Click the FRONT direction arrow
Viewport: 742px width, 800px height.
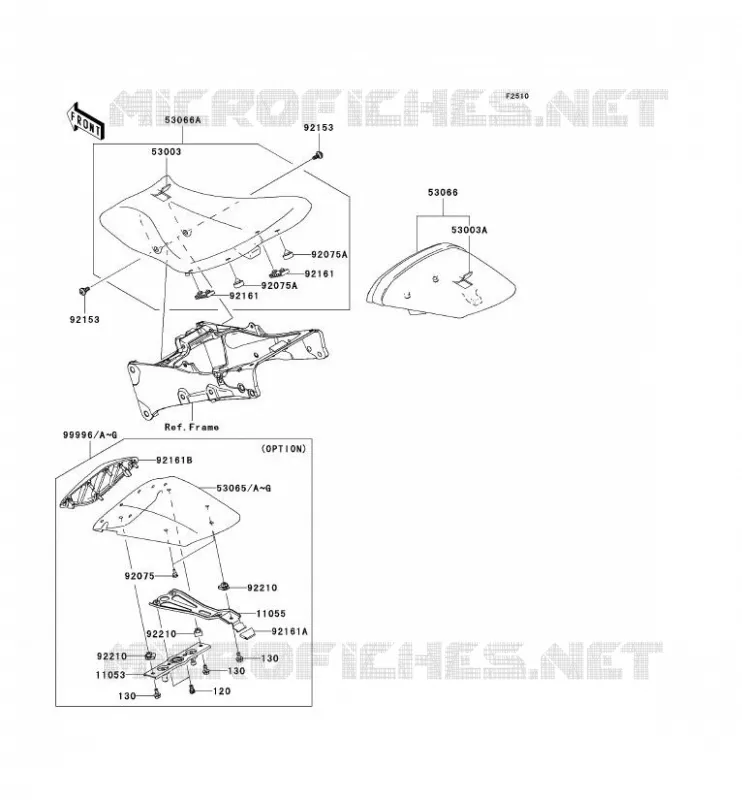[x=86, y=121]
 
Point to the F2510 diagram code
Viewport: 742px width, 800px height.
[x=517, y=96]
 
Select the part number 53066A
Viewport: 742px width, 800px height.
[x=183, y=120]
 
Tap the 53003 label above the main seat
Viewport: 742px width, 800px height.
[x=166, y=152]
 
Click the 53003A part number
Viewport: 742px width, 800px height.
[x=469, y=230]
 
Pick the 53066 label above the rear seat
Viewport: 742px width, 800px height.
[x=442, y=192]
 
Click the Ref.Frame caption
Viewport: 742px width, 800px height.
[x=191, y=427]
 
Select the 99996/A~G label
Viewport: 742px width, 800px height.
[x=90, y=435]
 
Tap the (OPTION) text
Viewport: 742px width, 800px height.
[x=284, y=448]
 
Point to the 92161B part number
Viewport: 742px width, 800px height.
[x=174, y=460]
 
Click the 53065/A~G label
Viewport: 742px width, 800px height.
[x=243, y=488]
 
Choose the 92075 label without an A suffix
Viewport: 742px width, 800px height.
[x=139, y=576]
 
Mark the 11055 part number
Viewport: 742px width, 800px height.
[x=270, y=614]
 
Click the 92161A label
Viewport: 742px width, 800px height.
[x=289, y=632]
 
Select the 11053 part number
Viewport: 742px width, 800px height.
[x=110, y=675]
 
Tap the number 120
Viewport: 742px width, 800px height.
[x=221, y=691]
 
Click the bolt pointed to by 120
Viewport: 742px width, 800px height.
[x=192, y=689]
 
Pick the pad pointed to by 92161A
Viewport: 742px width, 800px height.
[x=248, y=633]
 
